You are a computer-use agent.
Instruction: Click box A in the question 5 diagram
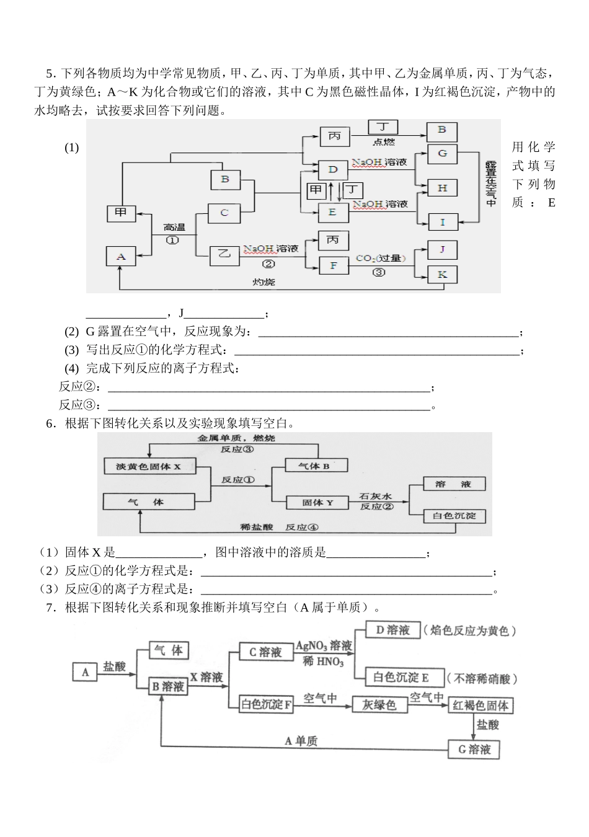click(x=121, y=257)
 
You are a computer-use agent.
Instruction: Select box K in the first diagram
click(x=442, y=275)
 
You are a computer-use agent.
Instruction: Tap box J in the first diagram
click(x=442, y=249)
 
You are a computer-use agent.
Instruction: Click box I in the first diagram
click(x=442, y=222)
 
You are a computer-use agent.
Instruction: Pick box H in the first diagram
click(x=442, y=188)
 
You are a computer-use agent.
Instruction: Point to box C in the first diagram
click(x=224, y=213)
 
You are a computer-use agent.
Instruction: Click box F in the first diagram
click(x=333, y=265)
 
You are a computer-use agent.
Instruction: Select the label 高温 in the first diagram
click(x=174, y=227)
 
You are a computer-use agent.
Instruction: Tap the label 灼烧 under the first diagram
click(x=263, y=282)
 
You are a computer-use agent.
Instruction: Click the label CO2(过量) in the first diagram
click(x=380, y=258)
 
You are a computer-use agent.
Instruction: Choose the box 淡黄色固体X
click(x=149, y=466)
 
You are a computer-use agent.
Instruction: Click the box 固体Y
click(x=317, y=503)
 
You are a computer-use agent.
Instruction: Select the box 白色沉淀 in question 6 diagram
click(x=454, y=515)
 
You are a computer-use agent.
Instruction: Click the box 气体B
click(x=315, y=466)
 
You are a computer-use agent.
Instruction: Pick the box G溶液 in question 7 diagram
click(x=474, y=750)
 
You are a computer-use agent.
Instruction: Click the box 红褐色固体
click(x=480, y=706)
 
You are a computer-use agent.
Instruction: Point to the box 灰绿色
click(x=379, y=705)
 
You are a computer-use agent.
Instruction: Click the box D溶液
click(x=392, y=631)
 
